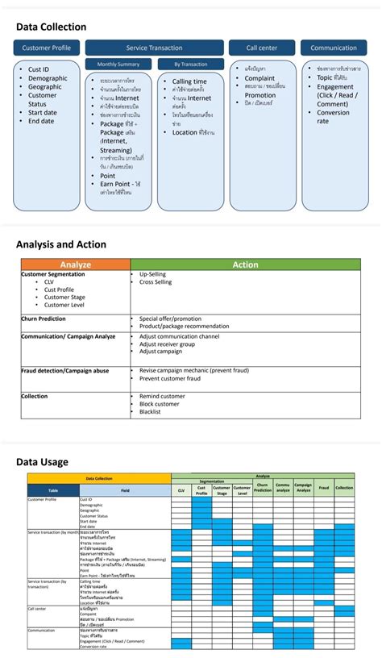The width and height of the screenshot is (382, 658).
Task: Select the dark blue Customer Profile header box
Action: [46, 48]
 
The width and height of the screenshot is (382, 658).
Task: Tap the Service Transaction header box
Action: [155, 48]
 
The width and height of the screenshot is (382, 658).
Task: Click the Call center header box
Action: [262, 48]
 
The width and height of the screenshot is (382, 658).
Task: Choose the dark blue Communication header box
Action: [334, 48]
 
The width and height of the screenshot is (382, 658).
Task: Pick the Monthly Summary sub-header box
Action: [118, 64]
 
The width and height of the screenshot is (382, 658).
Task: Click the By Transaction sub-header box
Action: [192, 64]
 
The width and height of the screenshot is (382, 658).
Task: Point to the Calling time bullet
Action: [189, 81]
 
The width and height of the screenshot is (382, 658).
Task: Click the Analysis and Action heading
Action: [60, 244]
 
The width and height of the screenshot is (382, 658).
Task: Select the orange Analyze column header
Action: [75, 264]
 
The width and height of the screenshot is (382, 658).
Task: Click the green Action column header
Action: [245, 264]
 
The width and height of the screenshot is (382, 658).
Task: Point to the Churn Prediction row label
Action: [44, 319]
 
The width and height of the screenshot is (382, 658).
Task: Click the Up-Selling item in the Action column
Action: [152, 274]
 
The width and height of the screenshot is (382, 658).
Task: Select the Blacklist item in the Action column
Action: [150, 411]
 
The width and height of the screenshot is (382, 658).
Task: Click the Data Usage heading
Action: [42, 462]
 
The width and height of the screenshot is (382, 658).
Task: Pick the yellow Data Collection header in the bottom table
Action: [99, 478]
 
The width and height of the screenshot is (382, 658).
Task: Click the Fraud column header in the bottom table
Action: [323, 488]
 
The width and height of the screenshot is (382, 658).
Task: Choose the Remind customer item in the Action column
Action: [162, 396]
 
